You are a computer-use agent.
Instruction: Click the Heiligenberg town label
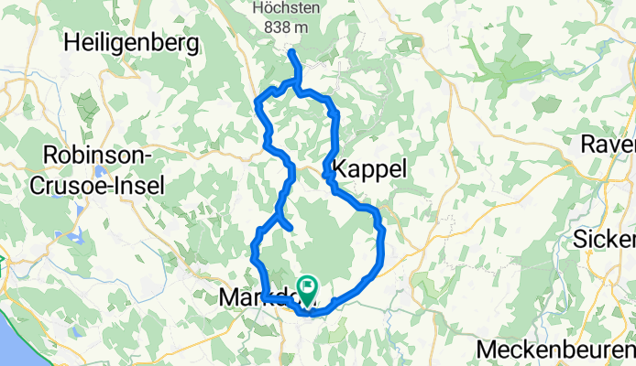[x=132, y=42]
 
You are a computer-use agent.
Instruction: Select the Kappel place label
[x=370, y=168]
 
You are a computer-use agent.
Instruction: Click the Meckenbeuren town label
[x=555, y=350]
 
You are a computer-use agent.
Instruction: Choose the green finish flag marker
[x=306, y=288]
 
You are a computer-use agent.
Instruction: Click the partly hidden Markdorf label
[x=242, y=298]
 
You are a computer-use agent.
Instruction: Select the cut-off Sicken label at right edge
[x=604, y=240]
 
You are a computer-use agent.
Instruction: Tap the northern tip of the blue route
[x=291, y=53]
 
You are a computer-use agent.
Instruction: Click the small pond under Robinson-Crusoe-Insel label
[x=98, y=170]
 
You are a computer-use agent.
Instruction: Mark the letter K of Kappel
[x=342, y=168]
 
